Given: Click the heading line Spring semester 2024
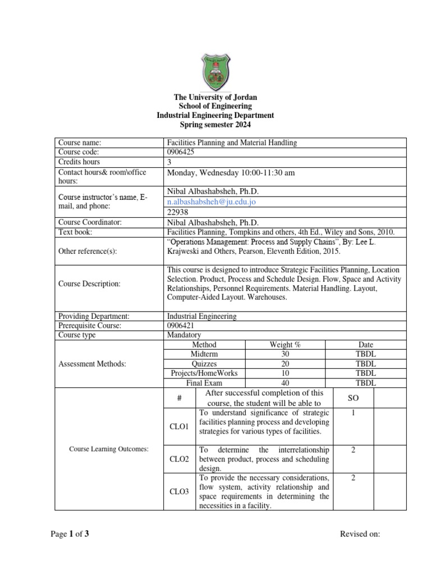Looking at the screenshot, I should [x=215, y=125].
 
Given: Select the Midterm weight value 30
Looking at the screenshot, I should [x=285, y=354].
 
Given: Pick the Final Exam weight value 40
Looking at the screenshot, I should [x=285, y=382].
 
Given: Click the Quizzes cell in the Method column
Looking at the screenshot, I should [x=204, y=363].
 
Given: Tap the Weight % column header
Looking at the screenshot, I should [x=285, y=344].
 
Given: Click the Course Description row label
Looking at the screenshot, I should [x=89, y=284].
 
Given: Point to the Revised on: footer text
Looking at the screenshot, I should [x=360, y=534].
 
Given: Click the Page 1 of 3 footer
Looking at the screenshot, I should [x=70, y=534].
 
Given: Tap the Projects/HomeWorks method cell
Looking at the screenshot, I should [x=204, y=373].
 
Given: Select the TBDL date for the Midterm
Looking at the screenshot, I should [x=366, y=354].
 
